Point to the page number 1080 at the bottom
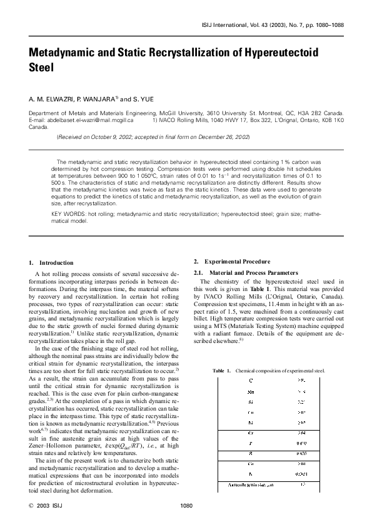click(x=186, y=505)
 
